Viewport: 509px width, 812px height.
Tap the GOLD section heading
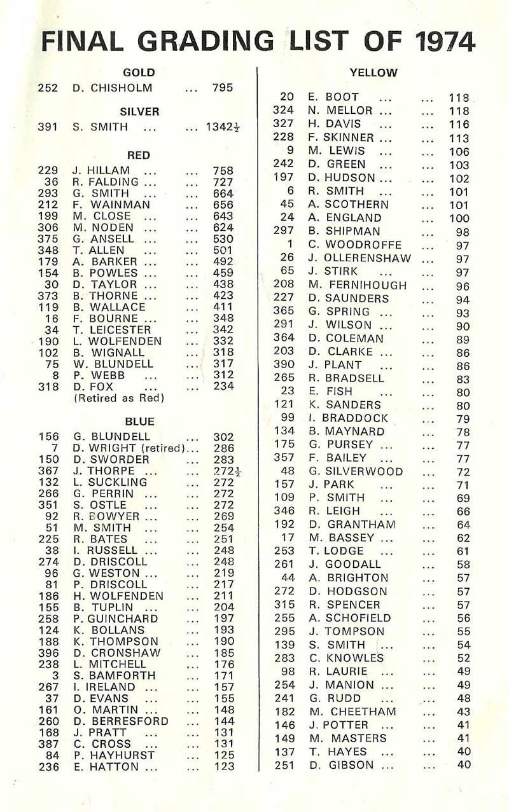[139, 72]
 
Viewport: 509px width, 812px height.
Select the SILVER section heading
[139, 111]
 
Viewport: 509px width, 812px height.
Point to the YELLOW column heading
[373, 72]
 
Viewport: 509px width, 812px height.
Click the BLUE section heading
[139, 422]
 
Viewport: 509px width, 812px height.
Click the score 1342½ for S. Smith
[223, 127]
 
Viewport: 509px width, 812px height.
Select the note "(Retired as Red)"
[119, 398]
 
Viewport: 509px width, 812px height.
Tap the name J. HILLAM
[101, 170]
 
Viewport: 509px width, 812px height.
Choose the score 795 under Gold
[223, 88]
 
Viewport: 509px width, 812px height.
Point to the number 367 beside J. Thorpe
[49, 471]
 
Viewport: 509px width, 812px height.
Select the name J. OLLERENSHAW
[359, 258]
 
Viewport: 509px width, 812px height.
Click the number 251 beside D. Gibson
[285, 765]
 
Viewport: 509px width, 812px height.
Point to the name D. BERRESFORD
[121, 721]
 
